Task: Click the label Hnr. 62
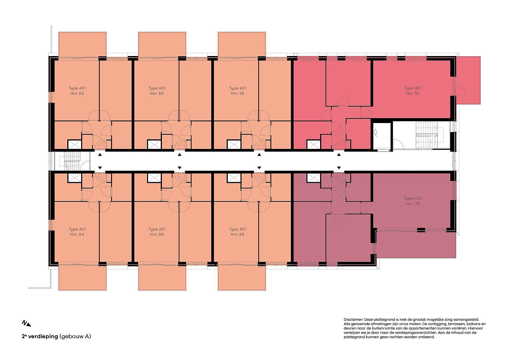point(77,93)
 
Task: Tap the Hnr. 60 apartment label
point(157,93)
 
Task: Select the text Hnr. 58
point(237,93)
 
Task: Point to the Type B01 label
point(413,88)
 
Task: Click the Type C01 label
point(413,199)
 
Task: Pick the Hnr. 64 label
point(77,235)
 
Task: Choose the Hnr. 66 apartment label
point(157,235)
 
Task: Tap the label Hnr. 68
point(237,235)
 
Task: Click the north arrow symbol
point(26,323)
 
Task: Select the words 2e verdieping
point(40,336)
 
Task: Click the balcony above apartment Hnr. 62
point(82,44)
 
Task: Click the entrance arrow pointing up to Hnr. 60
point(180,155)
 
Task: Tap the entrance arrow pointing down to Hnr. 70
point(339,168)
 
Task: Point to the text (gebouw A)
point(75,336)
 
